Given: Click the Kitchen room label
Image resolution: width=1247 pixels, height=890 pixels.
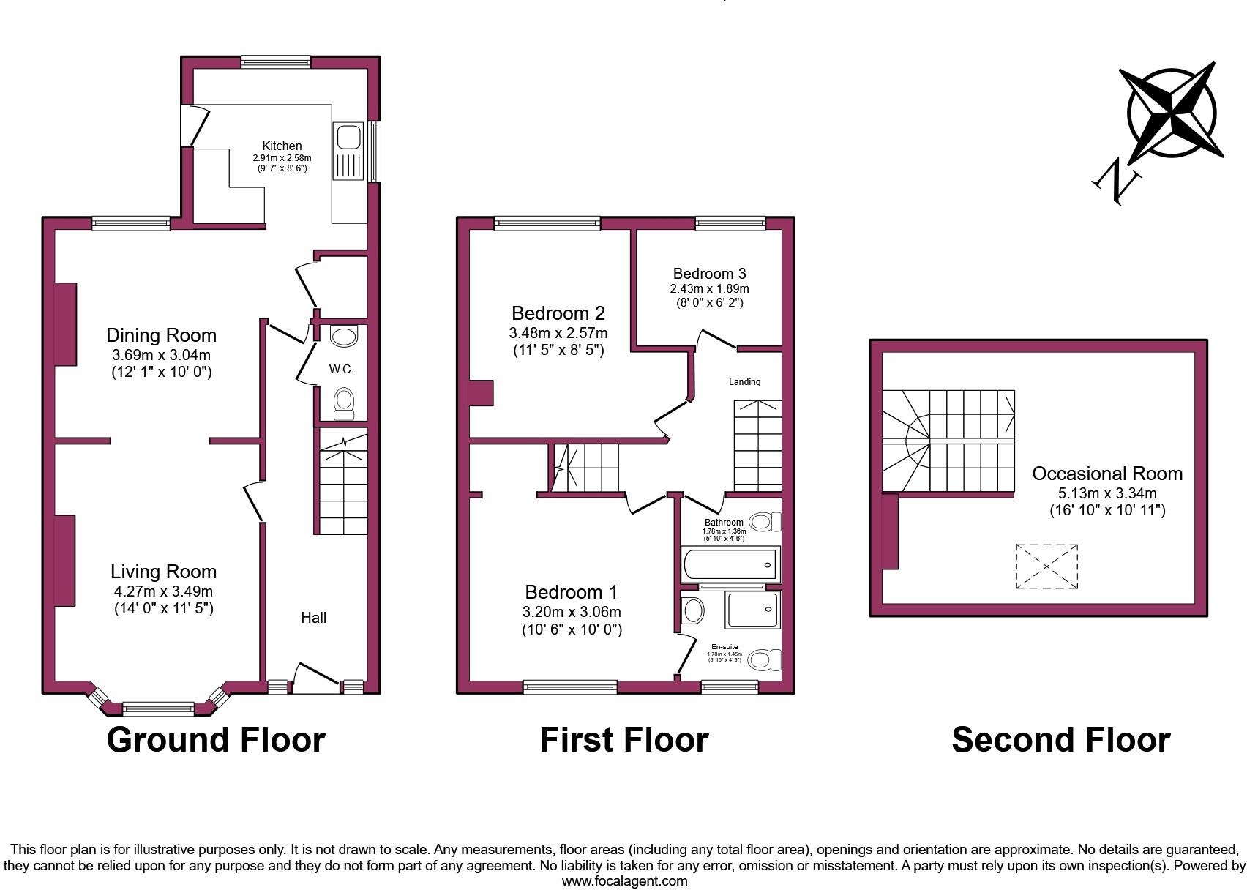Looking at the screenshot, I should pyautogui.click(x=282, y=146).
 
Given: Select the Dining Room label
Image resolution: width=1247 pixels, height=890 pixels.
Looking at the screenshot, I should pyautogui.click(x=162, y=335).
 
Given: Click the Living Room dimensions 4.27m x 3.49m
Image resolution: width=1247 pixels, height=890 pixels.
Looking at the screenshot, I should pyautogui.click(x=162, y=591).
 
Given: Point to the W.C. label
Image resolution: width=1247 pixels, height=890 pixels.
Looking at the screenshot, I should pyautogui.click(x=341, y=370).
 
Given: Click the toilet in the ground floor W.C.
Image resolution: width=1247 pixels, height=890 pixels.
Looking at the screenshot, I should pyautogui.click(x=343, y=403).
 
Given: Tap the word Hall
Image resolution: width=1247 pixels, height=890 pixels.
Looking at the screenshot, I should pyautogui.click(x=314, y=618).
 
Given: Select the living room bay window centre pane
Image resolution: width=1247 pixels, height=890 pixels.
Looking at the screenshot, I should pyautogui.click(x=158, y=708).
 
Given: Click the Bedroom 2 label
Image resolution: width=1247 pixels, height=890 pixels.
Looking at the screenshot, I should pyautogui.click(x=558, y=313).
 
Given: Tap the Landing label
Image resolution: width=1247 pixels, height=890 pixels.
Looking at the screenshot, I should pyautogui.click(x=744, y=381).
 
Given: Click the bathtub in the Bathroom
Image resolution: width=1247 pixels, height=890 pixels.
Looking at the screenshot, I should pyautogui.click(x=730, y=564).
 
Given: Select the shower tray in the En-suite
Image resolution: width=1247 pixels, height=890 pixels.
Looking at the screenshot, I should pyautogui.click(x=752, y=610).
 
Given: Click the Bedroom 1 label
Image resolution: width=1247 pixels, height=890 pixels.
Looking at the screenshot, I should pyautogui.click(x=572, y=591).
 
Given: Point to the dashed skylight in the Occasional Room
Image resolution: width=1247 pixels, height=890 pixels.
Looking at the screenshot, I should pyautogui.click(x=1046, y=566).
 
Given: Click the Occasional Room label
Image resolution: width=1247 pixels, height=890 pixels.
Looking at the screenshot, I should pyautogui.click(x=1107, y=474).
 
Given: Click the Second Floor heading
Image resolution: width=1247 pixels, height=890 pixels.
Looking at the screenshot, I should pyautogui.click(x=1060, y=740).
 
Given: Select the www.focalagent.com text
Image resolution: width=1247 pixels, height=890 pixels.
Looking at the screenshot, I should pyautogui.click(x=624, y=881).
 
